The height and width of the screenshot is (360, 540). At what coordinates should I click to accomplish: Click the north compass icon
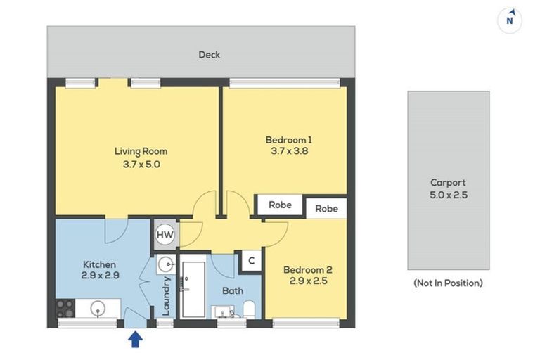pos(510,20)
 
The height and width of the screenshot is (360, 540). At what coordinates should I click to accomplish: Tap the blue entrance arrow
pos(136,340)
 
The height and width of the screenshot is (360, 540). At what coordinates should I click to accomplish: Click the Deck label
pos(209,54)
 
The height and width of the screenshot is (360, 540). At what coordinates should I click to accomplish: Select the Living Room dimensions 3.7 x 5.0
pos(141,164)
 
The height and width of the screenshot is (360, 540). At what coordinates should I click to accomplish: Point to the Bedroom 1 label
pos(288,139)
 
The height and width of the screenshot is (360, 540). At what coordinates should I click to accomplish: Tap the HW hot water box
pos(165,234)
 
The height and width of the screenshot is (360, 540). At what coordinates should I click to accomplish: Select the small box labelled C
pos(251,261)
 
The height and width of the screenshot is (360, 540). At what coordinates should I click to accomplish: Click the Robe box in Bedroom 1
pos(280,205)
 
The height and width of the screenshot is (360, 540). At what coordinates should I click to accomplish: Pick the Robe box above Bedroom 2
pos(326,209)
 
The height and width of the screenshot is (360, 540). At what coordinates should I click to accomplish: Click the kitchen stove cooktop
pos(65,309)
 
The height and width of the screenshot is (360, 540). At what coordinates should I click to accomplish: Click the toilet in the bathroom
pos(248,309)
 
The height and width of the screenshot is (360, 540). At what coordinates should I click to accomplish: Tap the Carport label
pos(448,183)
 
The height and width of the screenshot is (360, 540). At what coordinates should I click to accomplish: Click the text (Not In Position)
pos(448,283)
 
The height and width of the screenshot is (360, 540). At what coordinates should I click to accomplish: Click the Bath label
pos(232,290)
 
